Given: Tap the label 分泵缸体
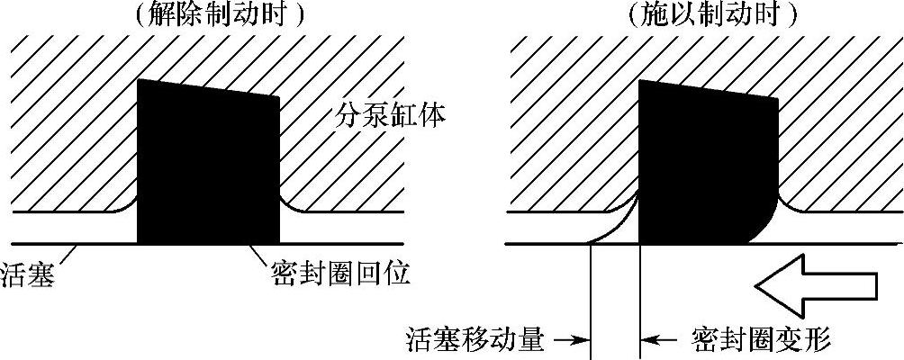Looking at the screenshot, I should [x=392, y=115].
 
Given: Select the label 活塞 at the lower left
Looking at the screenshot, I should [x=29, y=273].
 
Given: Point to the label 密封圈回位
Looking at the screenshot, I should [x=340, y=273].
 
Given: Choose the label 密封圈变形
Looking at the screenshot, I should [x=761, y=339].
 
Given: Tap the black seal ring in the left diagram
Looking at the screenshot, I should [x=207, y=162].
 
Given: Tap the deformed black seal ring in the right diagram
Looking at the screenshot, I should [x=702, y=162].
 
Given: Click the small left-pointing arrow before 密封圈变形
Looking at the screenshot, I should [x=657, y=339].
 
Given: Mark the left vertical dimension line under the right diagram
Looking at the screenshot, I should [x=589, y=297].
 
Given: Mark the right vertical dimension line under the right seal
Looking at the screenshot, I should [x=639, y=297].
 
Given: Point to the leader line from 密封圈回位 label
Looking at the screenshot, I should [x=262, y=255].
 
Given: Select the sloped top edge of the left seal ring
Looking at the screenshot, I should [x=207, y=88].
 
